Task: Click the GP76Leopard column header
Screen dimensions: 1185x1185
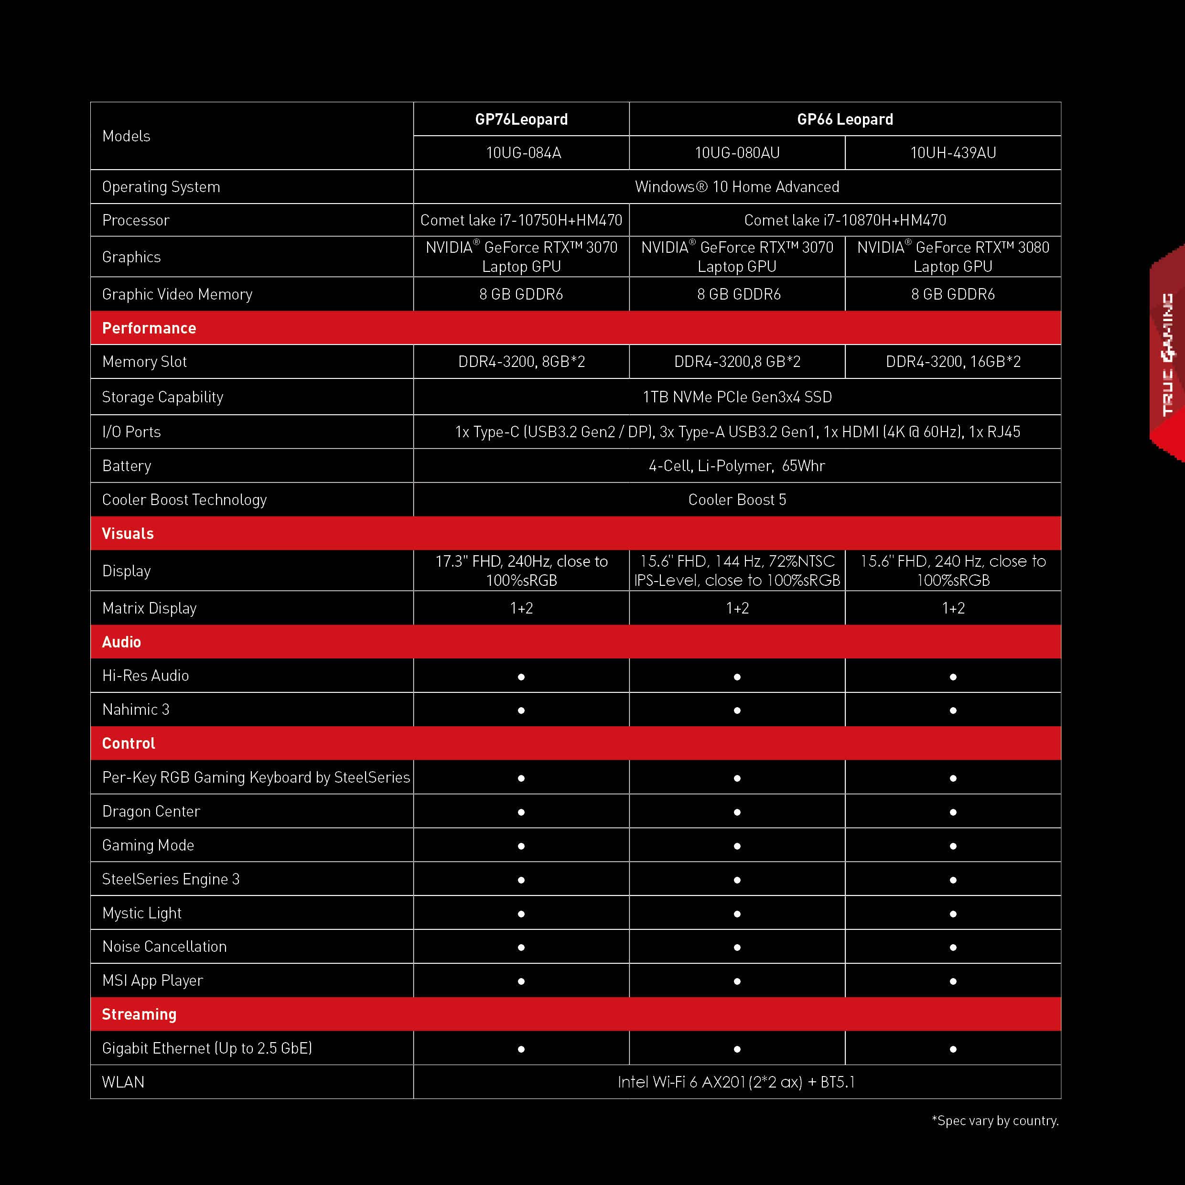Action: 521,119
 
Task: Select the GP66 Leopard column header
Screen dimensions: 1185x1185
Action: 845,119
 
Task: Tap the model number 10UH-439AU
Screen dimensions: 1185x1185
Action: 952,153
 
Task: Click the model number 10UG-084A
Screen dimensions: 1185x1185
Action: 523,153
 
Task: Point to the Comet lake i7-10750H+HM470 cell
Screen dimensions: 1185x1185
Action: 521,220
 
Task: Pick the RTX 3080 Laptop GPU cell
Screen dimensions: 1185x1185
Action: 952,257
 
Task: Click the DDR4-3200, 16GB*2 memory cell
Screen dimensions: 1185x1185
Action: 952,361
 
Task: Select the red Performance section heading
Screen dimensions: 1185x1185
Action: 149,328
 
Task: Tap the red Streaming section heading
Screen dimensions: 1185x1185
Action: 139,1014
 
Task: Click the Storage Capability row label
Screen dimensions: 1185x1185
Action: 162,397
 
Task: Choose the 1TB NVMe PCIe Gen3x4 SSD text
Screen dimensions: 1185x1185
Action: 737,397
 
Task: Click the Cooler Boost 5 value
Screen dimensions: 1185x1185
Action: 737,499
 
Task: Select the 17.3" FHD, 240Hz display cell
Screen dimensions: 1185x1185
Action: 521,571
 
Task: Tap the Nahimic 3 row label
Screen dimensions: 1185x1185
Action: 136,710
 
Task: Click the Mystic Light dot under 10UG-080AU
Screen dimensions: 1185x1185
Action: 737,914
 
